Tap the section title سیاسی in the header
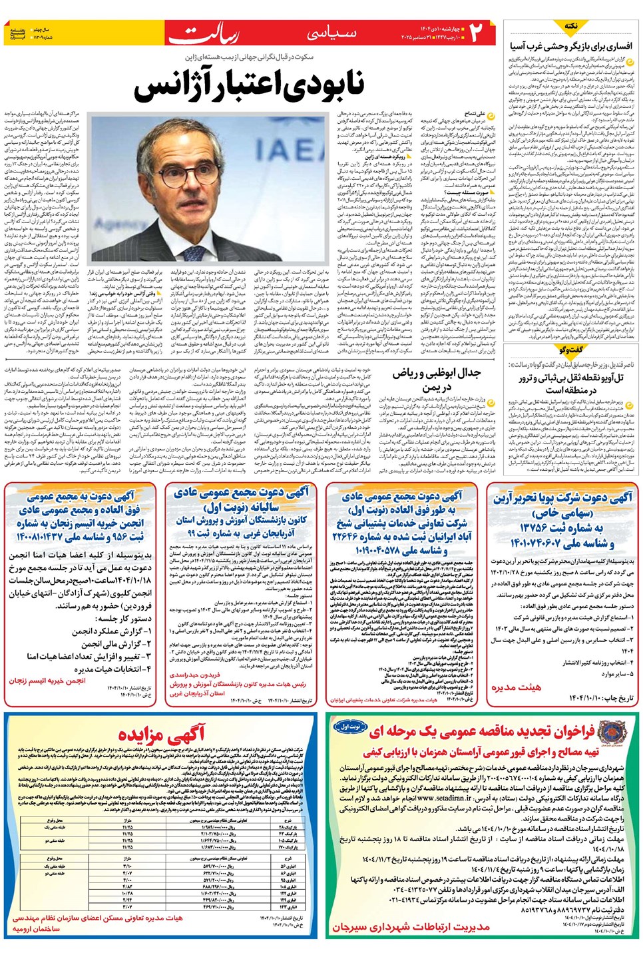(332, 33)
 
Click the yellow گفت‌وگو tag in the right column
(570, 350)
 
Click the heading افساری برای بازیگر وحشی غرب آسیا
(571, 47)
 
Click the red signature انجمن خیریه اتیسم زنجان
(47, 681)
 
